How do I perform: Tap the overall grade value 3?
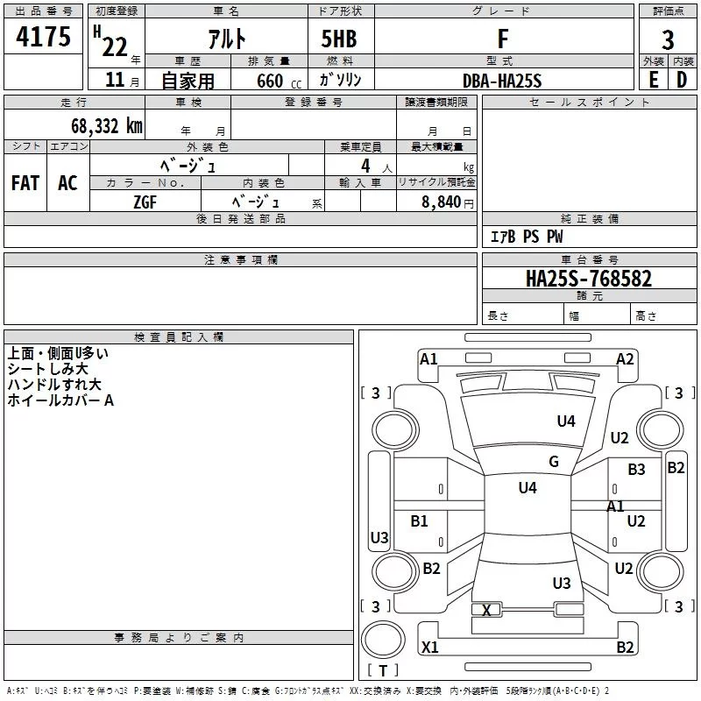pyautogui.click(x=668, y=39)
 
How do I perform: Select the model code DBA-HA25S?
pyautogui.click(x=502, y=81)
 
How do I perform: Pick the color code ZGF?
pyautogui.click(x=145, y=202)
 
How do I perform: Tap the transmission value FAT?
pyautogui.click(x=25, y=183)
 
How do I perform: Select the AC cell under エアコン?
pyautogui.click(x=67, y=183)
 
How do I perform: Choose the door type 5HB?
pyautogui.click(x=339, y=39)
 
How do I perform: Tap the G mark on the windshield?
pyautogui.click(x=554, y=462)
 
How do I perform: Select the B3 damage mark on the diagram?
pyautogui.click(x=636, y=470)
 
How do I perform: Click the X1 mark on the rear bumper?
pyautogui.click(x=429, y=648)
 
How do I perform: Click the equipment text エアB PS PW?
pyautogui.click(x=526, y=237)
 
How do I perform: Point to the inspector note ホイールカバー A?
pyautogui.click(x=60, y=400)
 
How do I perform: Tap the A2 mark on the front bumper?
pyautogui.click(x=625, y=358)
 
